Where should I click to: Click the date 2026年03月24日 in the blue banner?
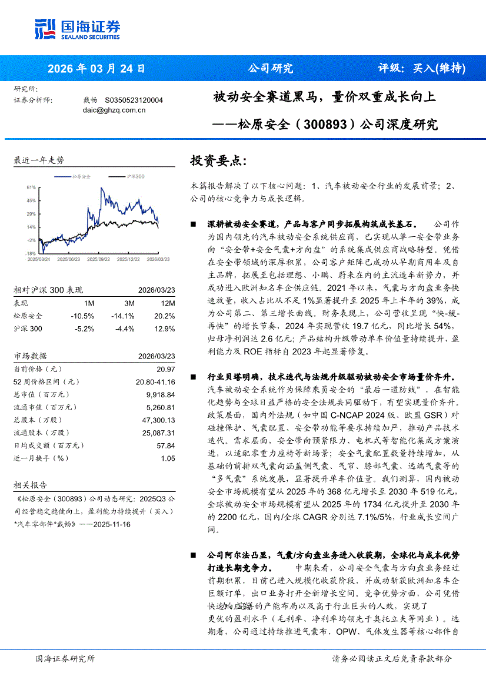(x=96, y=68)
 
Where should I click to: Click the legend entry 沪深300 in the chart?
(x=135, y=176)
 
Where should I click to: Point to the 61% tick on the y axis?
(x=31, y=187)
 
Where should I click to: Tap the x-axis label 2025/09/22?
(x=98, y=259)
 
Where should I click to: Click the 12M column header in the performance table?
(x=168, y=303)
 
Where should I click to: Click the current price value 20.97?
(x=167, y=369)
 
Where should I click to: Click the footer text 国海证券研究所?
(x=65, y=658)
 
